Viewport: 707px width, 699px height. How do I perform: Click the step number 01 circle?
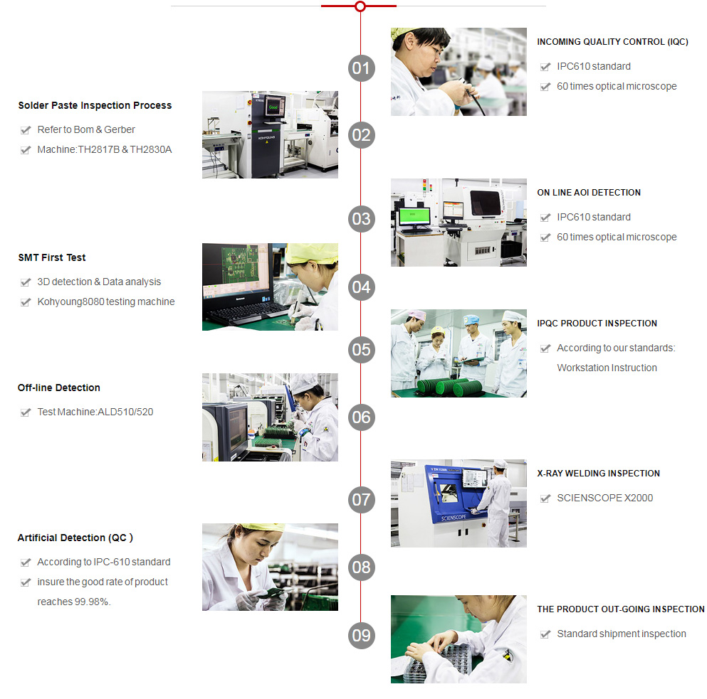coord(362,68)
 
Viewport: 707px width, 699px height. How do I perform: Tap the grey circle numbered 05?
coord(362,349)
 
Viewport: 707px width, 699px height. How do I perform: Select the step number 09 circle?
coord(362,635)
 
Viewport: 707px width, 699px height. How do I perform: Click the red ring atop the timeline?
coord(360,6)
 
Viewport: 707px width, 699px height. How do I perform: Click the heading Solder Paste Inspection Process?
coord(95,105)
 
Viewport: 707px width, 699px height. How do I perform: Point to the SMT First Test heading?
coord(52,257)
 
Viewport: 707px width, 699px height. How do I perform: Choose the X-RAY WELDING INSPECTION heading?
coord(598,474)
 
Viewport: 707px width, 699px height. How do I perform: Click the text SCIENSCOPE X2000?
coord(604,498)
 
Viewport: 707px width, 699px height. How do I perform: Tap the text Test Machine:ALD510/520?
coord(95,412)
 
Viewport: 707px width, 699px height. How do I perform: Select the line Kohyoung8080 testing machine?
coord(106,302)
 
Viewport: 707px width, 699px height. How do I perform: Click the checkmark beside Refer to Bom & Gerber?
coord(26,130)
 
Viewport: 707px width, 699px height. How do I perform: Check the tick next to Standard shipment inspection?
coord(545,634)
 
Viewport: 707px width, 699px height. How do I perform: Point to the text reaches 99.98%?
coord(74,602)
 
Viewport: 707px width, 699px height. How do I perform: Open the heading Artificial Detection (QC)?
coord(75,538)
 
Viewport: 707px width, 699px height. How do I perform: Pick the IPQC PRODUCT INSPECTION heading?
coord(597,324)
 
